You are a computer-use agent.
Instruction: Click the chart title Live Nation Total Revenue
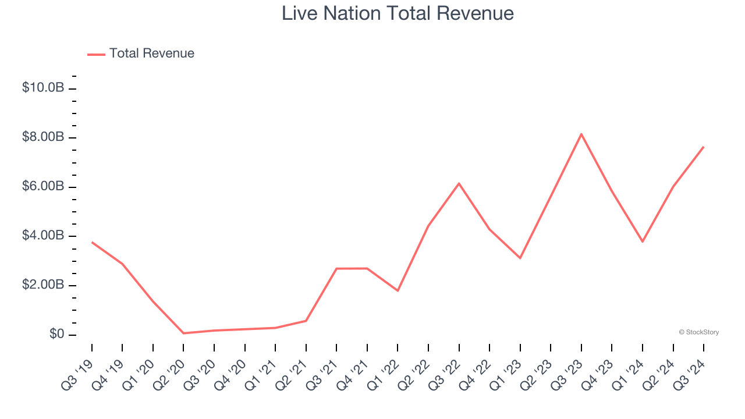[x=398, y=13]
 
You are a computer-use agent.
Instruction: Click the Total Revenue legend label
[x=151, y=54]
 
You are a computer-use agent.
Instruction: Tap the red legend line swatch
[x=96, y=54]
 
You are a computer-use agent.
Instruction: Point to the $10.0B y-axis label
[x=42, y=88]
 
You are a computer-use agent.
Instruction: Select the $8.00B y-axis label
[x=42, y=137]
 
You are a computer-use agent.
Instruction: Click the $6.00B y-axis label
[x=42, y=187]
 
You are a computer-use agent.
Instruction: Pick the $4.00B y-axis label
[x=42, y=236]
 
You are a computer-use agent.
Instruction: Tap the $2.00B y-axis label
[x=42, y=285]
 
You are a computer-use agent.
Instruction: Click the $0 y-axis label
[x=57, y=335]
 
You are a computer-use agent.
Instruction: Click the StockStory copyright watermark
[x=698, y=332]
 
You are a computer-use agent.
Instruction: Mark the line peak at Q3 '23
[x=581, y=134]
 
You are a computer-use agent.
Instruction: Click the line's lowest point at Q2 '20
[x=183, y=333]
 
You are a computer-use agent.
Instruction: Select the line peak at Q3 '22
[x=459, y=183]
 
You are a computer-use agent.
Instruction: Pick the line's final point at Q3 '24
[x=704, y=147]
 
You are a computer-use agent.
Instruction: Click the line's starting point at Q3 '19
[x=92, y=242]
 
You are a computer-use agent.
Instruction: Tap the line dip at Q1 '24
[x=643, y=242]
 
